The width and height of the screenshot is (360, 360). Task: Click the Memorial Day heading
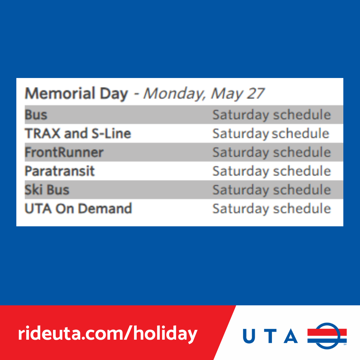(76, 94)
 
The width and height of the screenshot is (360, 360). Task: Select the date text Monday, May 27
(204, 94)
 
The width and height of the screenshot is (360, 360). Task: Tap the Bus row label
(36, 115)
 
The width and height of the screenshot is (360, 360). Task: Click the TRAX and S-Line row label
(78, 134)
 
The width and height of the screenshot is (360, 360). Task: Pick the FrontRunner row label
(64, 153)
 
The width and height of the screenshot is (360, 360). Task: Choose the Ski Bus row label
(47, 190)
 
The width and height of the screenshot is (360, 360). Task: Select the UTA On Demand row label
(78, 209)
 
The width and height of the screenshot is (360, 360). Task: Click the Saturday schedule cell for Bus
(271, 115)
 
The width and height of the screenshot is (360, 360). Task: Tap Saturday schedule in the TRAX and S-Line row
(271, 134)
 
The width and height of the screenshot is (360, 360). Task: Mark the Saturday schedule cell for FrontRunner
(271, 153)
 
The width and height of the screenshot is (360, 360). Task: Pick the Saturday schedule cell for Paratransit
(271, 171)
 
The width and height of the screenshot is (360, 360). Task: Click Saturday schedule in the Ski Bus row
(271, 190)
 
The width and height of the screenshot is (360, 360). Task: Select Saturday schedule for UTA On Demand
(271, 209)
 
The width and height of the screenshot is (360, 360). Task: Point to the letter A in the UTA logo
(290, 336)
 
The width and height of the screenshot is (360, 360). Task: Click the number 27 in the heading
(256, 94)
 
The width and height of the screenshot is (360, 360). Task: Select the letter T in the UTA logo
(270, 336)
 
